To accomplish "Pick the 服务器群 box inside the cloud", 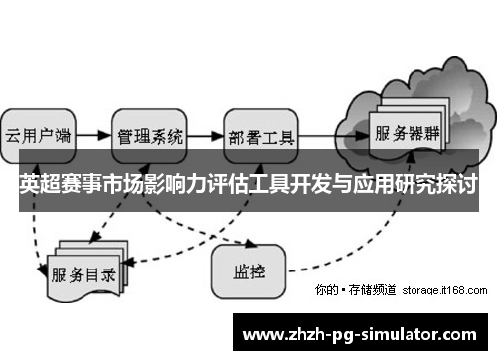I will click(407, 131).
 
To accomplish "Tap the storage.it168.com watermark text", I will click(444, 290).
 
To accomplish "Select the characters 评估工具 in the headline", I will click(247, 186).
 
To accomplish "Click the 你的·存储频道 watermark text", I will click(355, 290).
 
